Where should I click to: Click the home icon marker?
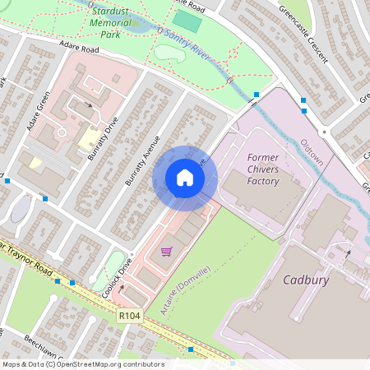point(185,178)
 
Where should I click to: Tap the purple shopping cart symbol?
point(166,252)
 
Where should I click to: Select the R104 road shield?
point(128,315)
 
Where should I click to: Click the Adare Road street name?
point(77,49)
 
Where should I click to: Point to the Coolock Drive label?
point(117,280)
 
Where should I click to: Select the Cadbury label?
point(306,280)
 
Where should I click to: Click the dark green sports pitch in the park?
point(187,21)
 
